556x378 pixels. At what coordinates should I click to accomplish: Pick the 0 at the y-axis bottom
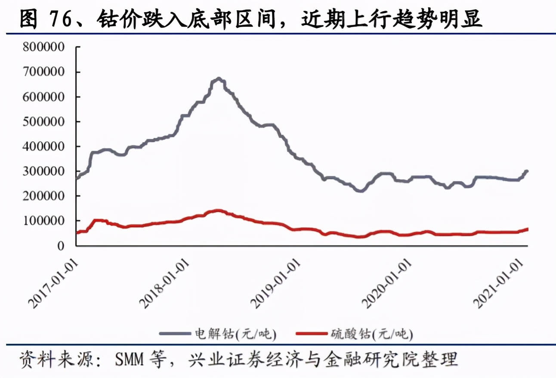click(x=61, y=246)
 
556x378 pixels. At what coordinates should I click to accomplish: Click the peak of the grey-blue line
click(x=218, y=79)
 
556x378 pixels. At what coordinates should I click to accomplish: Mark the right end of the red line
click(x=527, y=229)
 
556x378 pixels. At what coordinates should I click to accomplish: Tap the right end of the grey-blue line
click(x=527, y=171)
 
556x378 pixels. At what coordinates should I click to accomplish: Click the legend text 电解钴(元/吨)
click(x=233, y=333)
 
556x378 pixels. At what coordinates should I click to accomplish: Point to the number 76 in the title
click(x=62, y=19)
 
